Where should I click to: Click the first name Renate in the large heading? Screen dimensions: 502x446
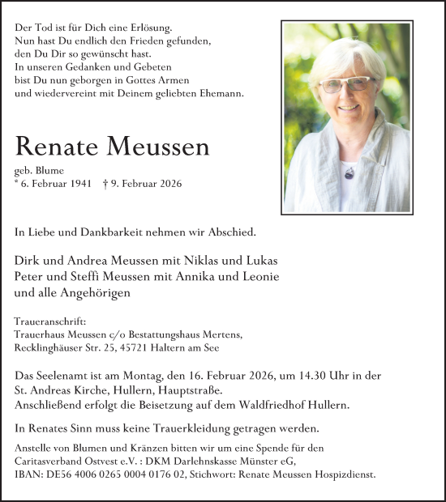(x=62, y=147)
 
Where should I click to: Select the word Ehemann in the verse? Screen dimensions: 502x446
(x=220, y=94)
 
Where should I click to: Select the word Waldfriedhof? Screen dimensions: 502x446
(x=257, y=402)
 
